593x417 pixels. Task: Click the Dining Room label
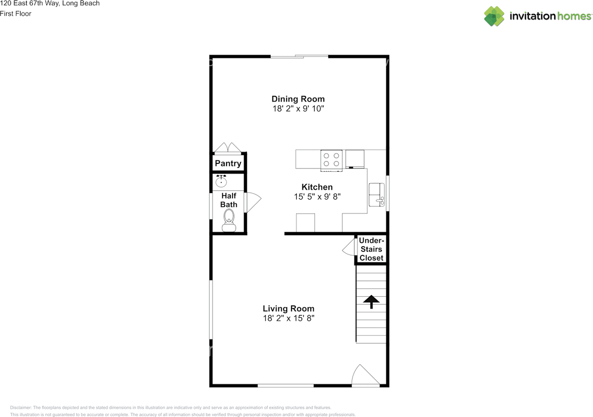pos(298,99)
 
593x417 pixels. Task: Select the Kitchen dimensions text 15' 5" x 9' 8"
pos(317,197)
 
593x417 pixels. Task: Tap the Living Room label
pos(288,308)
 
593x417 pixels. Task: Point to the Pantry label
pos(228,163)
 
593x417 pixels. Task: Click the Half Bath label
pos(229,200)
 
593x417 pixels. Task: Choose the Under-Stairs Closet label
pos(372,249)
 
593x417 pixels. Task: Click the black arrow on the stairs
pos(371,302)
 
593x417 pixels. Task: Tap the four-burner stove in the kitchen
pos(331,160)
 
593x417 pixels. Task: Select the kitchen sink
pos(376,195)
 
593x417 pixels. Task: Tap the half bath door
pos(253,202)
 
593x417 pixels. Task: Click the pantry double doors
pos(227,148)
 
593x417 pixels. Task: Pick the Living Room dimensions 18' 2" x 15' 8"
pos(288,318)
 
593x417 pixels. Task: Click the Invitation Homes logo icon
pos(494,16)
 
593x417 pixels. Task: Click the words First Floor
pos(16,13)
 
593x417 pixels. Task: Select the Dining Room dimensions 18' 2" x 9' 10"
pos(298,109)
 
